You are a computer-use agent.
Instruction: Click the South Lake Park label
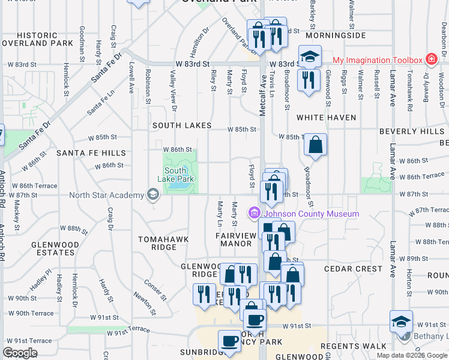coord(175,175)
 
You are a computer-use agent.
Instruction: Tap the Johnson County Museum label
coord(312,214)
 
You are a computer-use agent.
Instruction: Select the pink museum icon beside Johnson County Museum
coord(255,213)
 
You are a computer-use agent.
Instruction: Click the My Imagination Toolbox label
coord(378,60)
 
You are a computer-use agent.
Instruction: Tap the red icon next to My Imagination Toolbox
coord(430,59)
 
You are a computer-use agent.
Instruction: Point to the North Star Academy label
coord(106,194)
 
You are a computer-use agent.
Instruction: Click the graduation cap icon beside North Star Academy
coord(153,194)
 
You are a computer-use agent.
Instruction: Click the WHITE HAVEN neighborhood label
coord(326,118)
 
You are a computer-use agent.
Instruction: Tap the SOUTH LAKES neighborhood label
coord(181,125)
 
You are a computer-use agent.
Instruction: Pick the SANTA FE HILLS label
coord(91,153)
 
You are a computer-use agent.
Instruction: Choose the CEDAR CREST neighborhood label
coord(353,269)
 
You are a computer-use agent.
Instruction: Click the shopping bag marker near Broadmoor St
coord(316,145)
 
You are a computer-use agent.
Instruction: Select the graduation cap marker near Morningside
coord(310,57)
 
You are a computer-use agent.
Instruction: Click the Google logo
coord(20,352)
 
